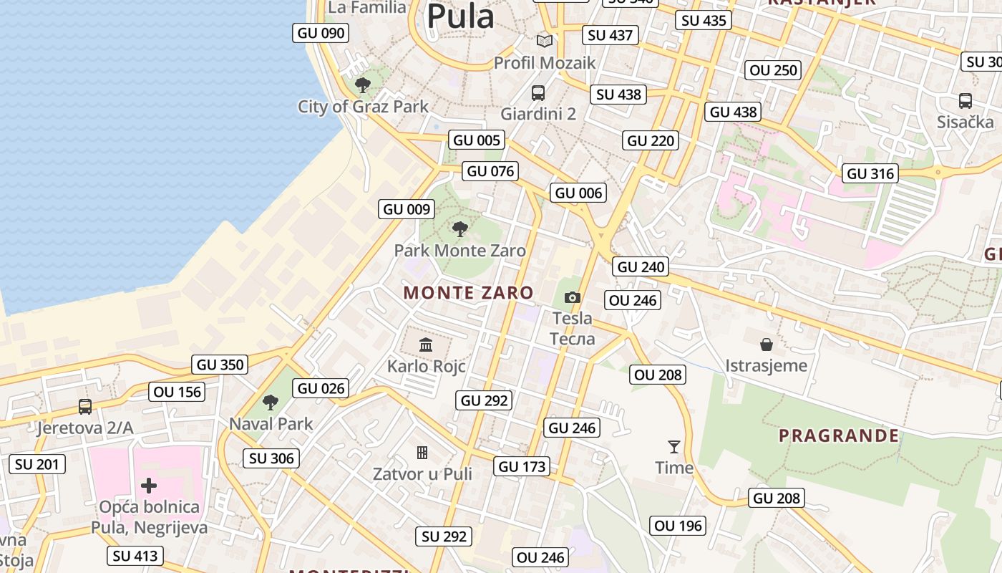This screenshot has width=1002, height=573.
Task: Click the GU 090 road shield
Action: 321,33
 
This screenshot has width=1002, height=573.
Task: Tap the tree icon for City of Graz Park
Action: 363,85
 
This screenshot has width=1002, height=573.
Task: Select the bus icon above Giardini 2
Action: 538,93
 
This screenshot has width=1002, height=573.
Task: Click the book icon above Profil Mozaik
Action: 545,41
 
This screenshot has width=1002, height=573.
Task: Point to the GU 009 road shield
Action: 407,209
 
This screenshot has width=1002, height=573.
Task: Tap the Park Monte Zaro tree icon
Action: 460,229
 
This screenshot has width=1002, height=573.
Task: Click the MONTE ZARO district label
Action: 468,292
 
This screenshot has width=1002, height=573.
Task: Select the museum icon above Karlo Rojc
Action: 426,345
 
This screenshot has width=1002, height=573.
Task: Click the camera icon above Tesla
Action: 572,297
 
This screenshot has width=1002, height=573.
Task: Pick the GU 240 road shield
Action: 641,266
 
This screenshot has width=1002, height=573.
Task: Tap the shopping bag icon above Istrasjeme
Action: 766,345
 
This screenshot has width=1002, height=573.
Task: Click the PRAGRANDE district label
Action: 839,435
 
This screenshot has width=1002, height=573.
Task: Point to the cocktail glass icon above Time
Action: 674,447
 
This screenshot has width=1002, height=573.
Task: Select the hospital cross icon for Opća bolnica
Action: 149,486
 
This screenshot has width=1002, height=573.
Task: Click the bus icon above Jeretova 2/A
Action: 85,407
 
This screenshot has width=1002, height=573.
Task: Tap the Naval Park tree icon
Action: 271,403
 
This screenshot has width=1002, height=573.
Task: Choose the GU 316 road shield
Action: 870,173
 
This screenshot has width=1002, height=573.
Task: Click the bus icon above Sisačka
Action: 965,101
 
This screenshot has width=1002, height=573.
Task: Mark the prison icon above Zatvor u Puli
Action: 422,453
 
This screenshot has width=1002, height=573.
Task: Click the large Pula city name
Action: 460,16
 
